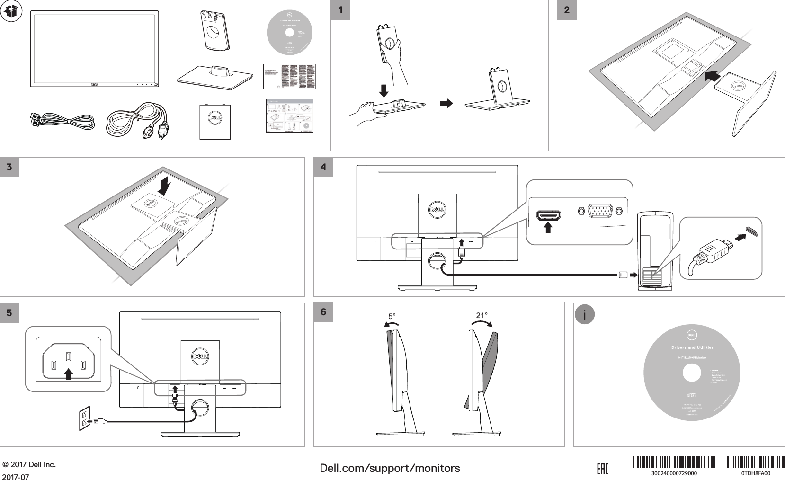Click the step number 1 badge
[340, 10]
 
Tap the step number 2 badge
[567, 10]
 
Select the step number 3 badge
[9, 167]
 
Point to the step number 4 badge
[323, 167]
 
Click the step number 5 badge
[9, 313]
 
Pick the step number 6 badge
[323, 312]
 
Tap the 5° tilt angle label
[392, 316]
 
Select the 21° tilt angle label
[482, 315]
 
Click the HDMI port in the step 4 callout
[548, 216]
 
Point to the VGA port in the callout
[600, 211]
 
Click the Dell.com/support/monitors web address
[390, 468]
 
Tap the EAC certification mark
[602, 469]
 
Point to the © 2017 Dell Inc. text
[29, 464]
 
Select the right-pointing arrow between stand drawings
[446, 103]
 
